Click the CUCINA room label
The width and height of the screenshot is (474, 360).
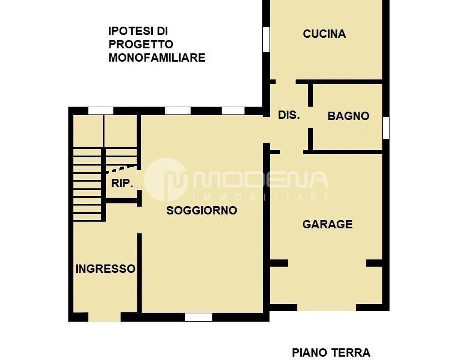[324, 34]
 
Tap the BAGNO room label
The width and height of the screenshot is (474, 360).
[348, 116]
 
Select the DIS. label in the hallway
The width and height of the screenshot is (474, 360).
[288, 116]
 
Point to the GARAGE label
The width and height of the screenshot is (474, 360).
[327, 224]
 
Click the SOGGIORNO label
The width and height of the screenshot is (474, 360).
[202, 211]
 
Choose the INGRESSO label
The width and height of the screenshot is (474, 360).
[105, 269]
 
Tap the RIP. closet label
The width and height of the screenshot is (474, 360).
[122, 183]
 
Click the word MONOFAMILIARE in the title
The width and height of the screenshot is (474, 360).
[157, 57]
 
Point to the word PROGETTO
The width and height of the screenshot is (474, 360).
[141, 44]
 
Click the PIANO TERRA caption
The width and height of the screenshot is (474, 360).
[331, 352]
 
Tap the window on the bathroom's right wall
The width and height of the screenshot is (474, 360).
[386, 128]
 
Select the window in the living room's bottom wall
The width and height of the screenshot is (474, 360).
[198, 317]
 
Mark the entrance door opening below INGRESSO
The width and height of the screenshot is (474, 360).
[104, 317]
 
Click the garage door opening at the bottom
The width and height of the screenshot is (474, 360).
[327, 307]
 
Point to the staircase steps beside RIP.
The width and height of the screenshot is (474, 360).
[88, 183]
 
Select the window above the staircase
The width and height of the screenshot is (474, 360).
[101, 111]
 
